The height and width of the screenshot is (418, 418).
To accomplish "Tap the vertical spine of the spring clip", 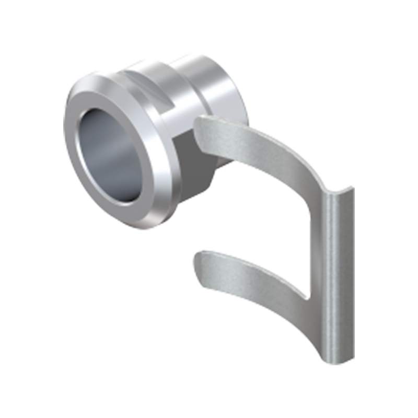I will [x=334, y=272].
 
